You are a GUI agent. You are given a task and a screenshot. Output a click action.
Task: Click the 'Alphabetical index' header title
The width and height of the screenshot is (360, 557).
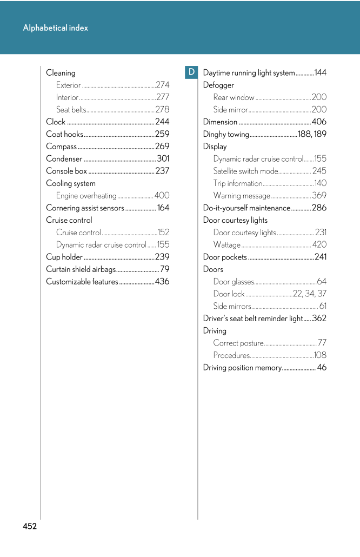point(56,28)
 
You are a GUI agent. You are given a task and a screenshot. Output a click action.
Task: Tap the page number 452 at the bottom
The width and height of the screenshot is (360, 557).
point(30,526)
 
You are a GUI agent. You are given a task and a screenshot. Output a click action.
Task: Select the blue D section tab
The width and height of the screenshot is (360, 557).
point(191,72)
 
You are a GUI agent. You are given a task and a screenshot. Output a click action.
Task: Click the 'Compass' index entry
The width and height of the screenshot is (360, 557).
point(62,147)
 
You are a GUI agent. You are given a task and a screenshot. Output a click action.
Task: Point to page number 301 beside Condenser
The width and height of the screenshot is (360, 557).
point(163,159)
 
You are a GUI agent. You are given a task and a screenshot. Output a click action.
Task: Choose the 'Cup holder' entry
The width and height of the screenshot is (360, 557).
point(64,257)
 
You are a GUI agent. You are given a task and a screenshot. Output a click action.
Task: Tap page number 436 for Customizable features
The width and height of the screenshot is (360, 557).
point(162,282)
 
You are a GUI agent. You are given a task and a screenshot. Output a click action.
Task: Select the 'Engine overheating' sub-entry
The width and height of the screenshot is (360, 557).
point(86,196)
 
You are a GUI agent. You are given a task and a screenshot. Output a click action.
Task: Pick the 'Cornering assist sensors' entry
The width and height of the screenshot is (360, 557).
point(85,208)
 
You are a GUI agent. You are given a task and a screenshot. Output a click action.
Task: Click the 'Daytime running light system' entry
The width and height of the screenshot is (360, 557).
point(249,73)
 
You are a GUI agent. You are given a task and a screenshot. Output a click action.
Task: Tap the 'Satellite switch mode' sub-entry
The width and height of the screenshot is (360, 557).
point(245,171)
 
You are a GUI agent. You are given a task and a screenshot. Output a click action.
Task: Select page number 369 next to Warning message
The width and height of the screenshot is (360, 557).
point(319,196)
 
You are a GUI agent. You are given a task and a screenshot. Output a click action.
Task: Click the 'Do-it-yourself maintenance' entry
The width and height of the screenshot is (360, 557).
point(246,208)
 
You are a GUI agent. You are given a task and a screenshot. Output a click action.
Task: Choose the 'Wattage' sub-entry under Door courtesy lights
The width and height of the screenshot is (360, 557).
point(227,245)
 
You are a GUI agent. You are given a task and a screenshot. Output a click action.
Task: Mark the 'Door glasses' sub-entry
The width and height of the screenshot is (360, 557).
point(234,282)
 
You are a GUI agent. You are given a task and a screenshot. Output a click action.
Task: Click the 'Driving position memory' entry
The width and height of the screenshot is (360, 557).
point(242,368)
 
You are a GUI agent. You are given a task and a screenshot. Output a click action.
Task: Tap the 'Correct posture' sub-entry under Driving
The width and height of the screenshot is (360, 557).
point(238,343)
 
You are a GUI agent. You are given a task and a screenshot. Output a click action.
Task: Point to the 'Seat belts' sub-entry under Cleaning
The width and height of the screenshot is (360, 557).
point(71,110)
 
